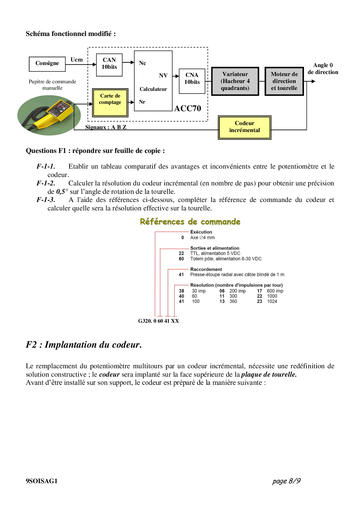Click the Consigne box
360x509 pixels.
(47, 64)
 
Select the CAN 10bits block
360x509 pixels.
(109, 65)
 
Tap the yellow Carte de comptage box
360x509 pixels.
(110, 102)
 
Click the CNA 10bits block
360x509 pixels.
(192, 81)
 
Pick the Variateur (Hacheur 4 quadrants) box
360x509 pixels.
(235, 81)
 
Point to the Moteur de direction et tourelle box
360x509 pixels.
(284, 81)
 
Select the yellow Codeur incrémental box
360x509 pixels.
(244, 127)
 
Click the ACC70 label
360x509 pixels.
(188, 108)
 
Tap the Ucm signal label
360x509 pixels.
(76, 60)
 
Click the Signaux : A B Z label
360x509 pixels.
(106, 127)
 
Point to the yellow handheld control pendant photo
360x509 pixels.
(48, 115)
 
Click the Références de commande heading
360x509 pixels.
(190, 222)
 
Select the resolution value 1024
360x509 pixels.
(272, 302)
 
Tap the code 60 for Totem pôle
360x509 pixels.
(181, 259)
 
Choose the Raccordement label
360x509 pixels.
(206, 269)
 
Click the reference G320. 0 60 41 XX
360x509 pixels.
(159, 321)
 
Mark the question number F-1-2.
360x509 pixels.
(46, 183)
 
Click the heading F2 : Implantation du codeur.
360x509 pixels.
(84, 345)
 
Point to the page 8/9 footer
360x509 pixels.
(286, 481)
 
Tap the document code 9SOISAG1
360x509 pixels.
(42, 481)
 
